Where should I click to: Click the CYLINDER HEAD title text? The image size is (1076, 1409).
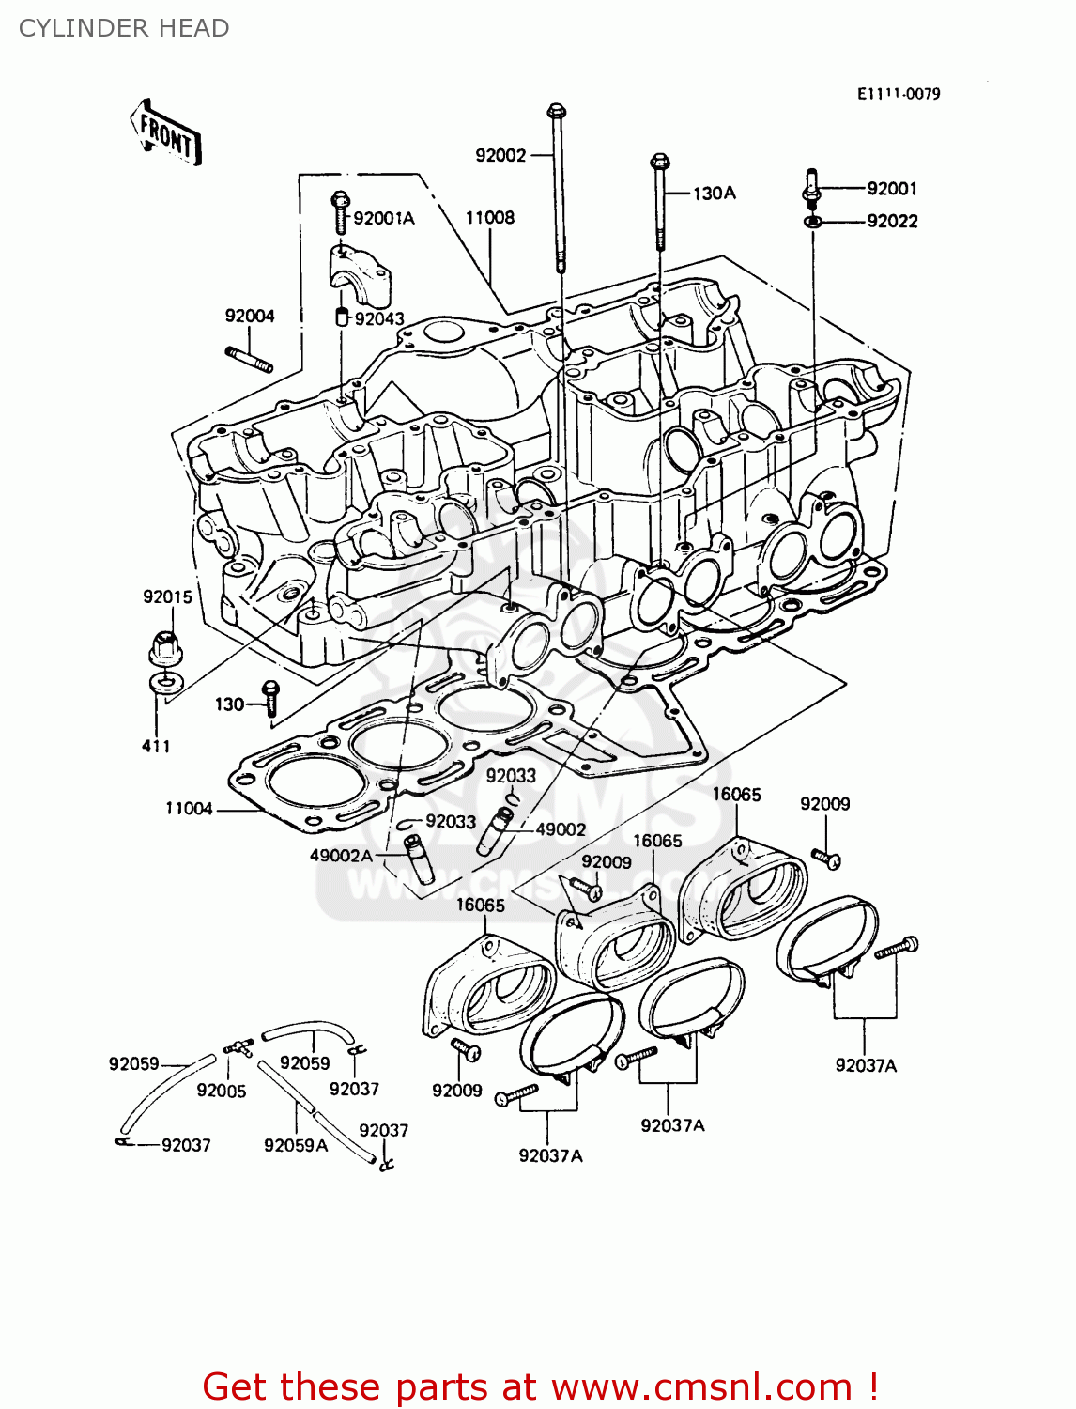pos(124,28)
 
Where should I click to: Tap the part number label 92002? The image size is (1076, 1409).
pos(500,155)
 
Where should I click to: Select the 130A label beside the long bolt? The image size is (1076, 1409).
pos(715,194)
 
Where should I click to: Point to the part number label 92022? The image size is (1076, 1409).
pos(892,222)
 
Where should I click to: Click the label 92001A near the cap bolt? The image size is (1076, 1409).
pos(383,218)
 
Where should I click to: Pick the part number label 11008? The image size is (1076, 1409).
pos(490,218)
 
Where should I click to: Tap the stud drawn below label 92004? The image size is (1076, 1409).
pos(249,360)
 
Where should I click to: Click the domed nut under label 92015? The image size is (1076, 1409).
pos(165,647)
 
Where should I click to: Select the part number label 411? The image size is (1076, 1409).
pos(156,746)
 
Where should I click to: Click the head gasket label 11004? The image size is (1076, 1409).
pos(189,809)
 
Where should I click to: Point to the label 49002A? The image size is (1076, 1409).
pos(342,856)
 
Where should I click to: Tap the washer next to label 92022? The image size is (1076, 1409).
pos(813,222)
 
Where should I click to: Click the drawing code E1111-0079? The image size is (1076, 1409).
pos(899,94)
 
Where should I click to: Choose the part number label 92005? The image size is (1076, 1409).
pos(222,1091)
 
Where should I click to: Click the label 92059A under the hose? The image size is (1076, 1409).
pos(296,1145)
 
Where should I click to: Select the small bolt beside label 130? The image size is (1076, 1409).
pos(270,700)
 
